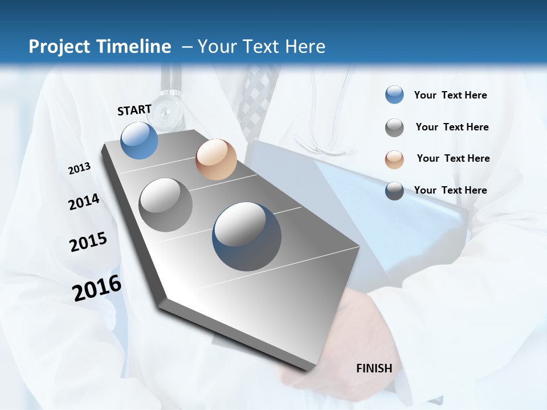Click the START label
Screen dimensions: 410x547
point(134,110)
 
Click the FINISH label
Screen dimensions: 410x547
point(374,368)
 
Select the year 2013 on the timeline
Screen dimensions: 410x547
point(79,169)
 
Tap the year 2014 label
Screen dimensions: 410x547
point(84,202)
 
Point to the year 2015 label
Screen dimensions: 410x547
point(88,241)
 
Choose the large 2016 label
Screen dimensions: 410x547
point(97,288)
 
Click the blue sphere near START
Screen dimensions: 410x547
point(140,140)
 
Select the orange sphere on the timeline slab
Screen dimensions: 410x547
point(216,159)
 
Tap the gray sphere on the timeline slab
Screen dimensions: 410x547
point(166,204)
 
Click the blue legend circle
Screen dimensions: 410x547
point(394,95)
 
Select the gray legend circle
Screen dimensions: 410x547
point(394,128)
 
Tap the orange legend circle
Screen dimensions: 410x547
point(394,159)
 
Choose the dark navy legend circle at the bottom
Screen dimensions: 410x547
point(394,191)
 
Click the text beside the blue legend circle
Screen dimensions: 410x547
point(450,95)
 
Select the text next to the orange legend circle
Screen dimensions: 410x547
point(453,158)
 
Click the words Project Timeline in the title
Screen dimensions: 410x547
point(100,47)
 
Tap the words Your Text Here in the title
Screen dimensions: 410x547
point(261,47)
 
